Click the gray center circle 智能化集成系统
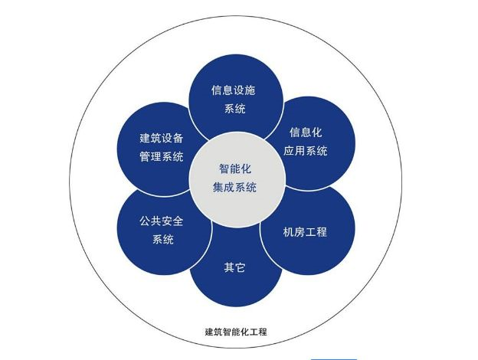point(237,179)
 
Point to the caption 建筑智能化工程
point(236,332)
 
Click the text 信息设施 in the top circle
point(233,90)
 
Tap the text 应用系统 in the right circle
point(306,151)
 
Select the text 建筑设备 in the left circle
point(162,138)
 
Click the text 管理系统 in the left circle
point(162,156)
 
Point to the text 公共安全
point(162,221)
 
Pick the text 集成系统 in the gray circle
point(234,187)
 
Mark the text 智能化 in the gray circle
point(235,169)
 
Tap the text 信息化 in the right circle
point(306,133)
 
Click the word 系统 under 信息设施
point(234,109)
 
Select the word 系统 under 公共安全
point(163,239)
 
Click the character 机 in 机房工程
point(288,232)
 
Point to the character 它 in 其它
point(241,267)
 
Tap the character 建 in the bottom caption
point(209,332)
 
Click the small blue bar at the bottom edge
point(333,359)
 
